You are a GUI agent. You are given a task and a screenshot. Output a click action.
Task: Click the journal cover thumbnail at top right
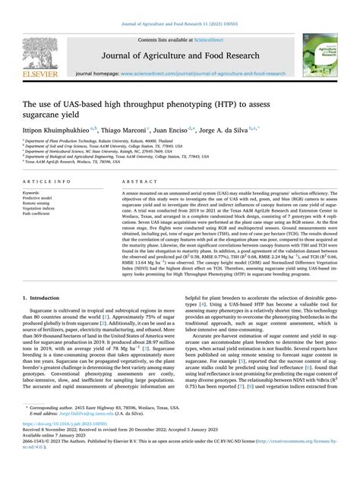[x=331, y=55]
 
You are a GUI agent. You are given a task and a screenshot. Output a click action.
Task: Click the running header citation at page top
[x=179, y=7]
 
